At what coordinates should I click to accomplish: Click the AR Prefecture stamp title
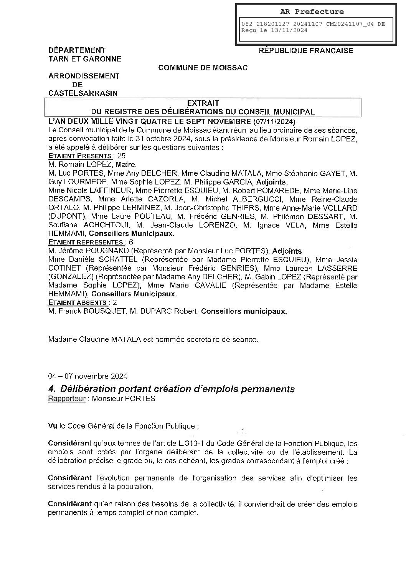pos(315,12)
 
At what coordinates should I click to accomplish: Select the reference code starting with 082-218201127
pos(313,24)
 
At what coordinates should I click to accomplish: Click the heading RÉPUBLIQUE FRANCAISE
pos(306,50)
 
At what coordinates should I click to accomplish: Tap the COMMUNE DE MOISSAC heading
pos(203,68)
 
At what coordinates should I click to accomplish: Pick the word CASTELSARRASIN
pos(83,93)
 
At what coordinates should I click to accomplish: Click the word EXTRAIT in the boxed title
pos(203,103)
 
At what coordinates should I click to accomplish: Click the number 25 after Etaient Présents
pos(122,156)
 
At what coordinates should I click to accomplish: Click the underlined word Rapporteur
pos(66,399)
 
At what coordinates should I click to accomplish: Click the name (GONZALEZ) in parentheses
pos(70,277)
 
